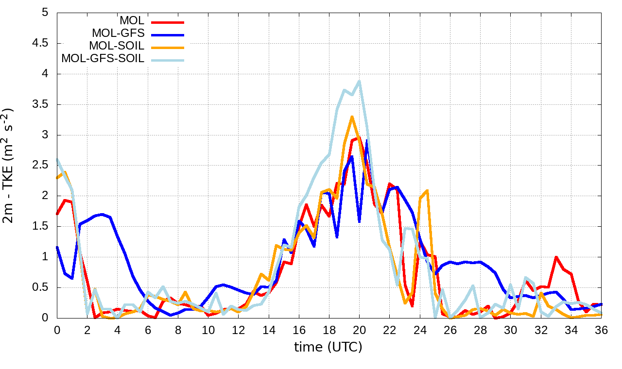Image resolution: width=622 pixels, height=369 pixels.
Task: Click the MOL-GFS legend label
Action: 118,34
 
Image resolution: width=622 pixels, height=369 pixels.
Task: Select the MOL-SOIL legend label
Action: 117,46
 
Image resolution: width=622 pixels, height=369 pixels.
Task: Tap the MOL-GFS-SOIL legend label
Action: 103,59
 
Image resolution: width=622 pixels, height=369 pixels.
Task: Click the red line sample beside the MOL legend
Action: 168,22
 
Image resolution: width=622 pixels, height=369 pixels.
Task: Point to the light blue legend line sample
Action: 168,60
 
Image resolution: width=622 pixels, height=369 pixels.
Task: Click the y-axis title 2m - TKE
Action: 8,165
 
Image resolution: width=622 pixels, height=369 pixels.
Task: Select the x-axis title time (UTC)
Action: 328,347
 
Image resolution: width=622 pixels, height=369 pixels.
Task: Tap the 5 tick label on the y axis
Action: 45,13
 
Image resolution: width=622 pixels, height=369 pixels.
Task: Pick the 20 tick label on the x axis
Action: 359,329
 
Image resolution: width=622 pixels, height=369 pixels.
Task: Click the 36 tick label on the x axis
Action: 601,329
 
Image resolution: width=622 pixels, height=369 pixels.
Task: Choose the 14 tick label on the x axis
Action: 268,329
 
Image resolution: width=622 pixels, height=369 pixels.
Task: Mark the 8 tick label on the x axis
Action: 178,329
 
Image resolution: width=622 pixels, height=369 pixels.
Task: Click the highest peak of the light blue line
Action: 359,81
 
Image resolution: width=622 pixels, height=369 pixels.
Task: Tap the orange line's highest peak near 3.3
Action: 352,117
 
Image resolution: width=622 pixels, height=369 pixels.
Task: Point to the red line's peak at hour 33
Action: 556,257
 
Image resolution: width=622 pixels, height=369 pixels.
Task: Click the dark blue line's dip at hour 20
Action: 359,222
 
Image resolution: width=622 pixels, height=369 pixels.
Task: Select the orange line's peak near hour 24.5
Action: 427,190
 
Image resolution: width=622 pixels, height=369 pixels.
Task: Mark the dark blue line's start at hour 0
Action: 57,247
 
